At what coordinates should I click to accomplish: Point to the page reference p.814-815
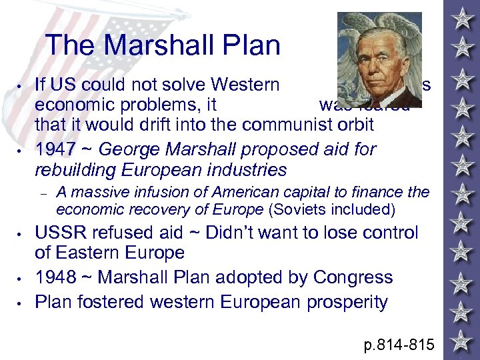(x=398, y=345)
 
